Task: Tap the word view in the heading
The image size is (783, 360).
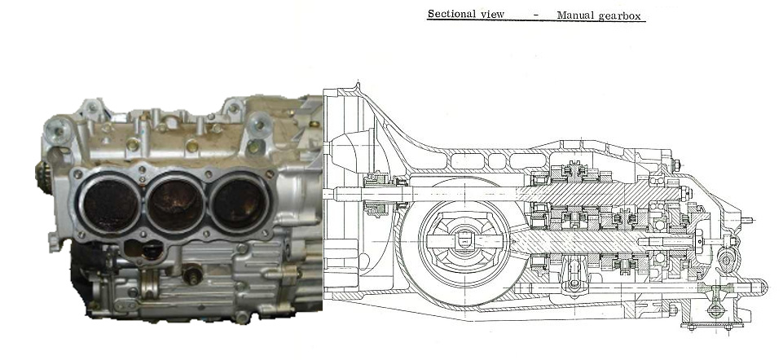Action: tap(492, 15)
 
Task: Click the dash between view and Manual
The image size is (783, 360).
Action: tap(536, 15)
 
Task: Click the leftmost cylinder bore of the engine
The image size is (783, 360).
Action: tap(109, 204)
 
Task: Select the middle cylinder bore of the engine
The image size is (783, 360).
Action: tap(175, 204)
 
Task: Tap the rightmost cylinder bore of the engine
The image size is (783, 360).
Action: tap(239, 202)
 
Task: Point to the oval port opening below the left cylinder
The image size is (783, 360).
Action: tap(145, 248)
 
